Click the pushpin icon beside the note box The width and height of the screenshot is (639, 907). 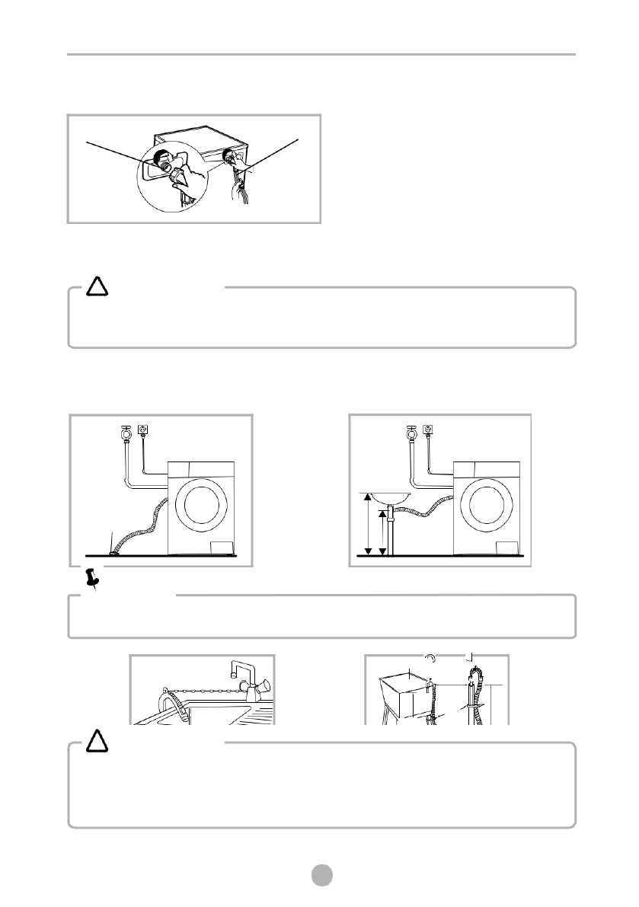pyautogui.click(x=94, y=580)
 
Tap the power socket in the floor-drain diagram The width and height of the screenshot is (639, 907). pyautogui.click(x=143, y=430)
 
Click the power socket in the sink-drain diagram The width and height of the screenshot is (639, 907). pyautogui.click(x=427, y=430)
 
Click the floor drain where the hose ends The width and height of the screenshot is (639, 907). pyautogui.click(x=114, y=552)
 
